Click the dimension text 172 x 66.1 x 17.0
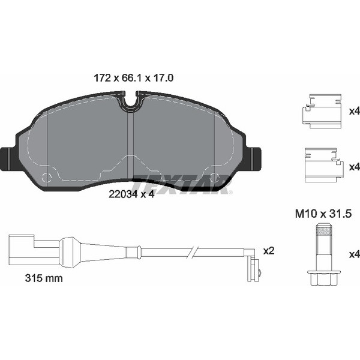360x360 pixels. pyautogui.click(x=134, y=78)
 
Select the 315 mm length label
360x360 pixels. pyautogui.click(x=44, y=278)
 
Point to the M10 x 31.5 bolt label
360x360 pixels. pyautogui.click(x=323, y=214)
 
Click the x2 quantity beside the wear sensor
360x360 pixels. pyautogui.click(x=269, y=251)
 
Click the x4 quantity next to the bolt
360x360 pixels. pyautogui.click(x=354, y=254)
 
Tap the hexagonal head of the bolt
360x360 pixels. pyautogui.click(x=324, y=278)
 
